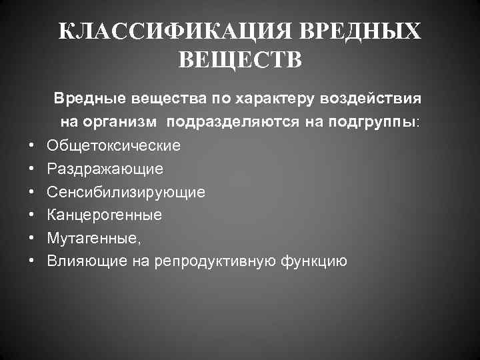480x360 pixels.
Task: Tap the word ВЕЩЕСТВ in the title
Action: coord(240,61)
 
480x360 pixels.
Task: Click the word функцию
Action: coord(318,261)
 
